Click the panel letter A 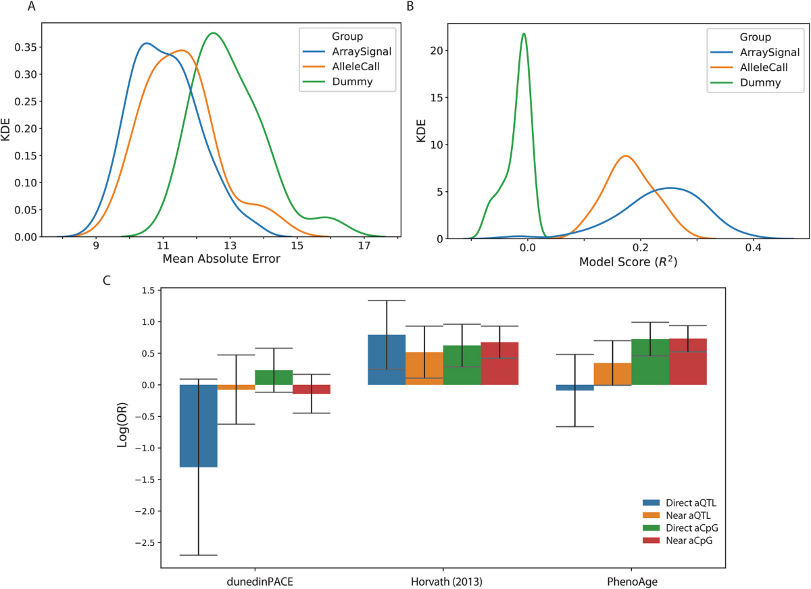[x=32, y=7]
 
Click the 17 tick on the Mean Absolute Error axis [x=364, y=247]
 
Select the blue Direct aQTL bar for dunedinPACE [x=198, y=426]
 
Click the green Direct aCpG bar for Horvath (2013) [x=462, y=365]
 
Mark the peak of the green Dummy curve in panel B [x=524, y=33]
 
